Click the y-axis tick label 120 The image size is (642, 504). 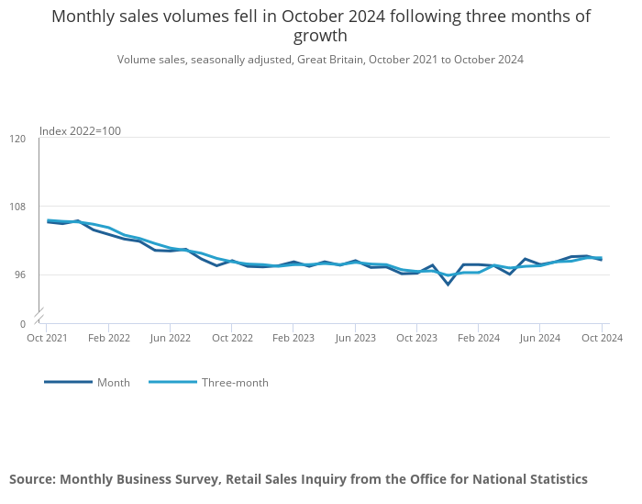coord(17,139)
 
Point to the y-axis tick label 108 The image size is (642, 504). coord(17,207)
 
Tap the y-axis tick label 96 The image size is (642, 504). coord(20,275)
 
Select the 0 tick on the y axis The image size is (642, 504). coord(23,324)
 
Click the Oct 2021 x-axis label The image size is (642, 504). coord(46,338)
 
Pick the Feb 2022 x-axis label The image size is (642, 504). coord(109,338)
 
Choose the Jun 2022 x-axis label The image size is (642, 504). coord(170,338)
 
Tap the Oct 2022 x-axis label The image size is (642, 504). coord(232,338)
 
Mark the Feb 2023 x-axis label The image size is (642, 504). coord(293,338)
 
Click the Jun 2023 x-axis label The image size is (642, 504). coord(355,338)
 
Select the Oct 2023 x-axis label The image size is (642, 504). coord(417,338)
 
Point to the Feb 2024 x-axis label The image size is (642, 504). coord(479,338)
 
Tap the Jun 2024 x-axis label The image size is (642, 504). coord(540,338)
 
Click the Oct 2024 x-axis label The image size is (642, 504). coord(603,338)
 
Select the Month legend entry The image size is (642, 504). coord(114,383)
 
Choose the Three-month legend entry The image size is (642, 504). coord(235,383)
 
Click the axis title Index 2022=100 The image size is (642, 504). coord(80,131)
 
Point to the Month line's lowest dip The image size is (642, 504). coord(448,285)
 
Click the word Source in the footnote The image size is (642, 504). coord(31,479)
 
